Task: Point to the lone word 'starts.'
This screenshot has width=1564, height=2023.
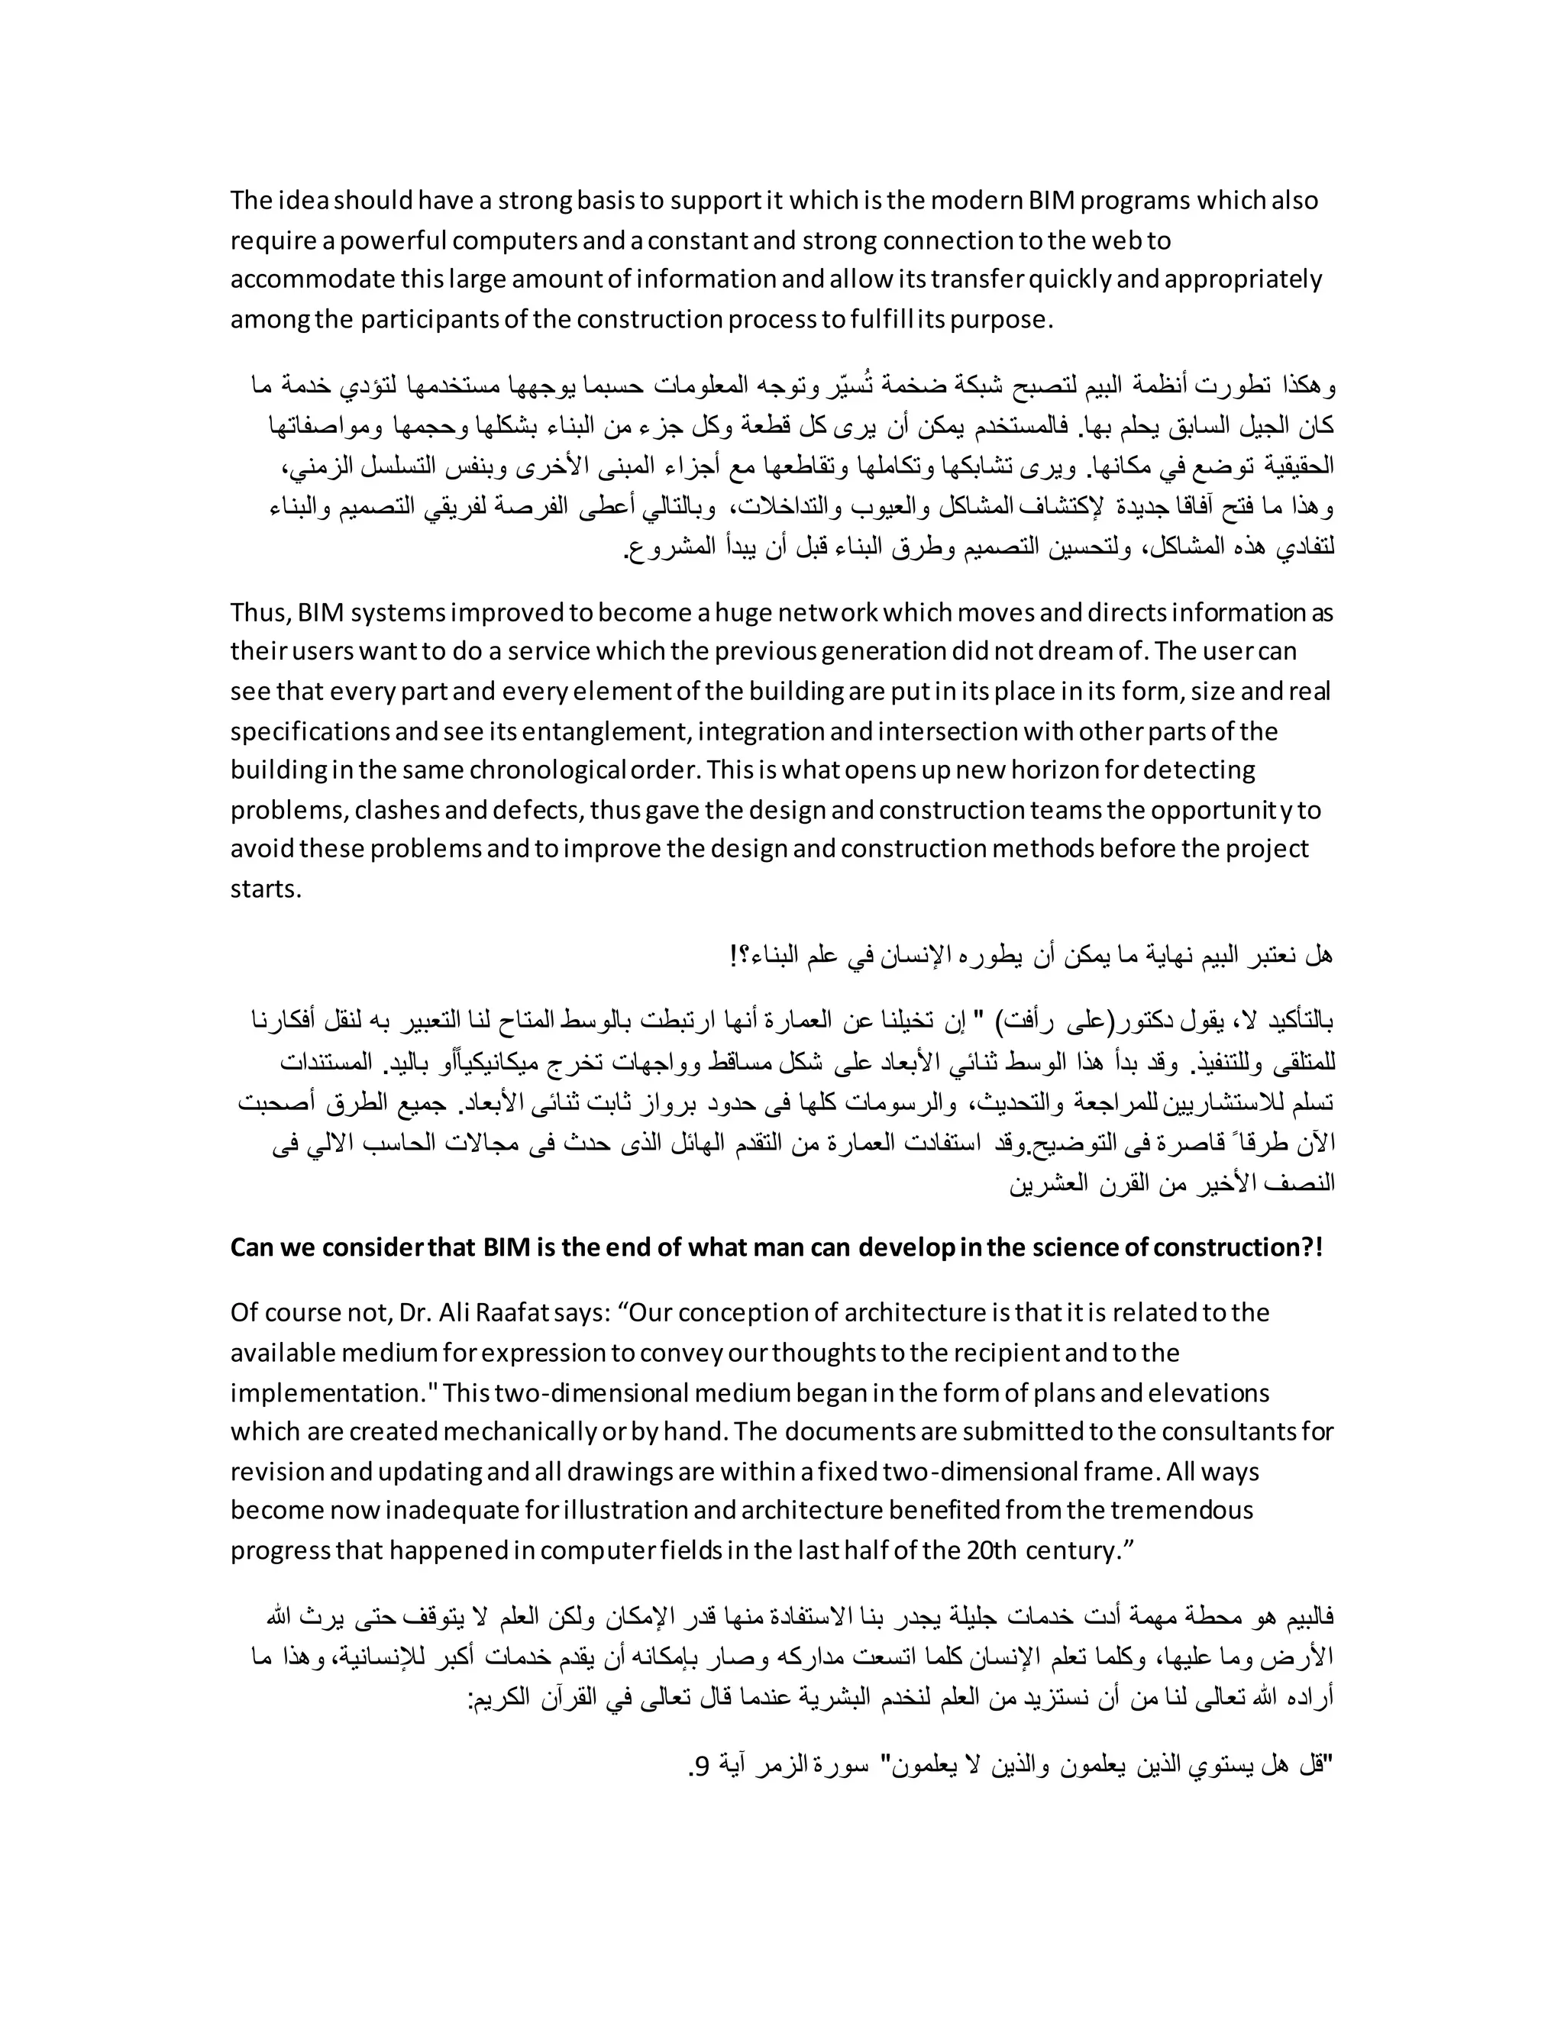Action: pos(266,889)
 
